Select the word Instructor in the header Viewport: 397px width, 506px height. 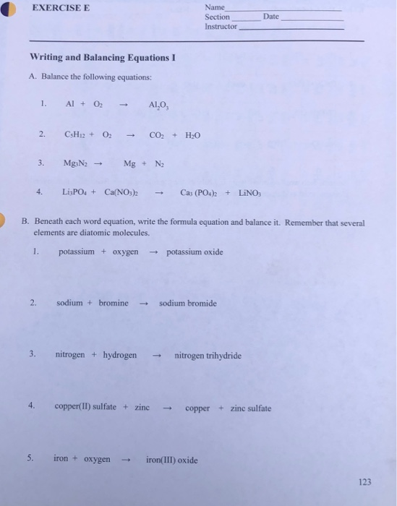coord(221,26)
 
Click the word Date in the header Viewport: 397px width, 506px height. coord(270,16)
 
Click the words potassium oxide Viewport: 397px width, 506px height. coord(195,252)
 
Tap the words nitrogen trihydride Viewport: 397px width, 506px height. coord(208,356)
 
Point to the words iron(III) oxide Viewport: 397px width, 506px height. coord(171,460)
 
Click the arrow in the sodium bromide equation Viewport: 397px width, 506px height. coord(143,304)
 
